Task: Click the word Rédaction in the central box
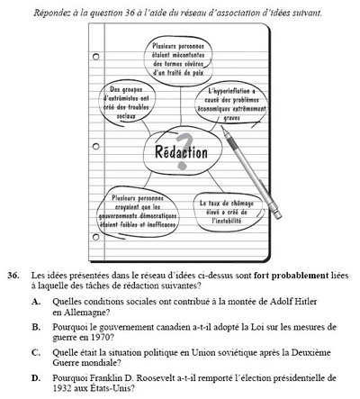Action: pyautogui.click(x=176, y=150)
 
